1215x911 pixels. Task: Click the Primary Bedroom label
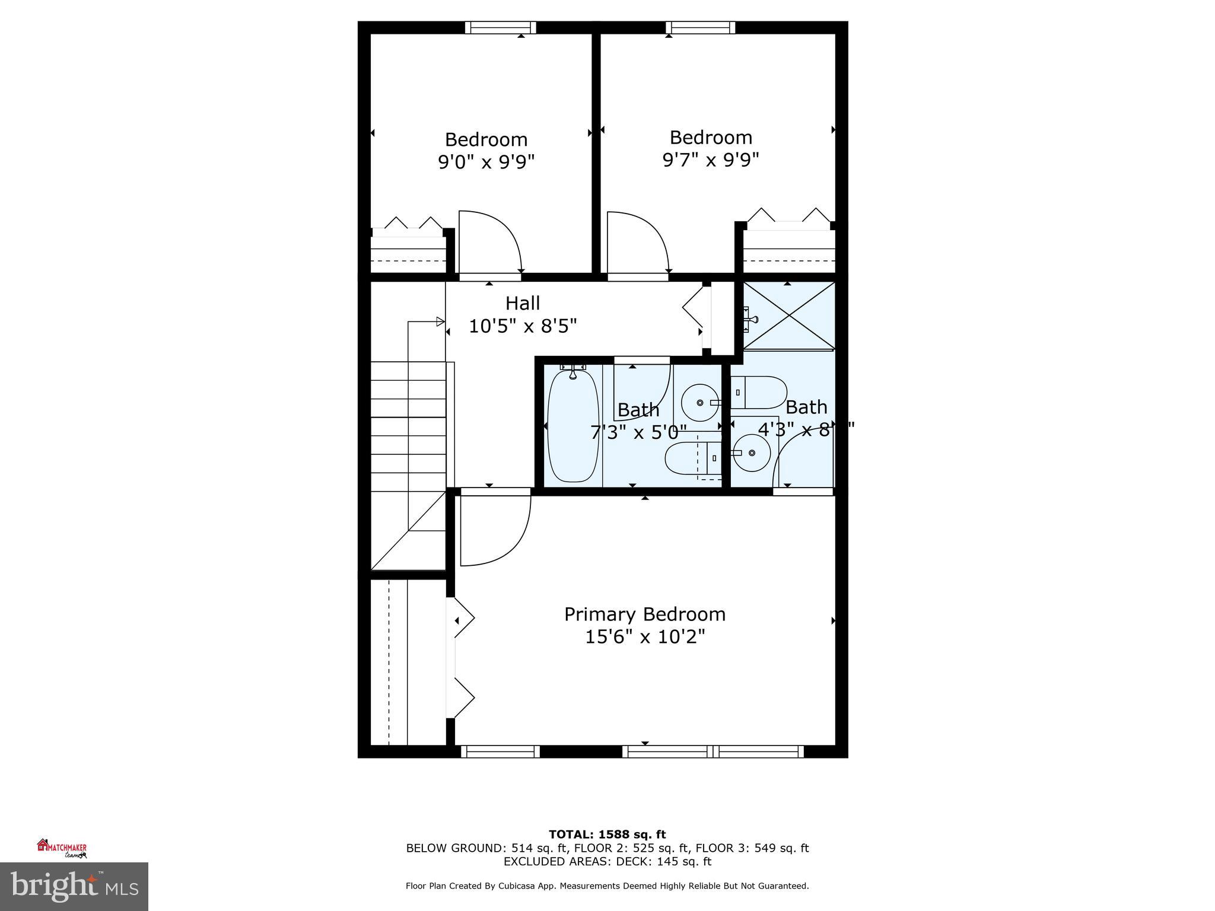[644, 614]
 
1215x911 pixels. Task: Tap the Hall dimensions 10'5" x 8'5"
[522, 326]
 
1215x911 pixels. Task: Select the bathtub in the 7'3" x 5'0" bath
[572, 426]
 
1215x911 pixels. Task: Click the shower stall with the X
[789, 315]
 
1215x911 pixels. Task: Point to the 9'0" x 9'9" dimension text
[486, 161]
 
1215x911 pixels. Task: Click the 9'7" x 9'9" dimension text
[710, 159]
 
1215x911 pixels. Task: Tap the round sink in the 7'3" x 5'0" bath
[699, 403]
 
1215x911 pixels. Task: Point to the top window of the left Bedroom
[500, 27]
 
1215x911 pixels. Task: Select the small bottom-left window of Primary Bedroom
[500, 751]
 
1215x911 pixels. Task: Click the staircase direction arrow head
[440, 321]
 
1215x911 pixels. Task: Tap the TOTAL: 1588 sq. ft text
[607, 834]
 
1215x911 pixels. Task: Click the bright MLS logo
[74, 886]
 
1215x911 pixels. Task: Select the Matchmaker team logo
[62, 848]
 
